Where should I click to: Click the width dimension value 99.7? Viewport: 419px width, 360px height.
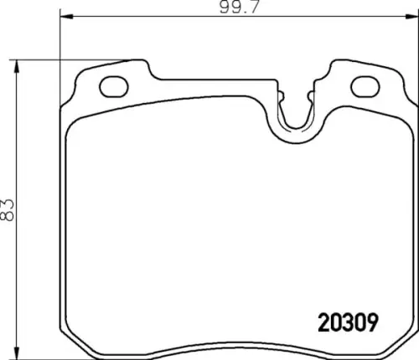pos(240,7)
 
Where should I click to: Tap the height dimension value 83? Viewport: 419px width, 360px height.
pos(7,210)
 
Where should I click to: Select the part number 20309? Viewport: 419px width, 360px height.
pos(348,322)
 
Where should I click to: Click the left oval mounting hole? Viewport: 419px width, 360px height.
pos(114,86)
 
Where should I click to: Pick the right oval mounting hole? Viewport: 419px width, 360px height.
pos(365,86)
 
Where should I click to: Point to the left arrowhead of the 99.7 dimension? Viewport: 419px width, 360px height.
pos(66,17)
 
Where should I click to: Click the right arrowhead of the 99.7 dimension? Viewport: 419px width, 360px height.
pos(412,17)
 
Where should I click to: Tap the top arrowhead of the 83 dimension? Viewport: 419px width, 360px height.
pos(17,66)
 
